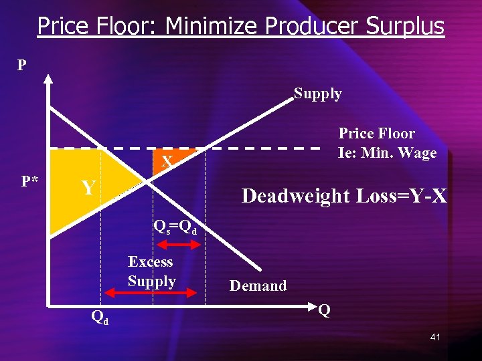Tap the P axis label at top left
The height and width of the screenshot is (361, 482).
[22, 66]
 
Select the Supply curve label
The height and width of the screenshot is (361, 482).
[318, 94]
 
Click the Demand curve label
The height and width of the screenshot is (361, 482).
[258, 286]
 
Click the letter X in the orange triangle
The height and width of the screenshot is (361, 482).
[167, 160]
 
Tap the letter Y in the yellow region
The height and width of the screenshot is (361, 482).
[88, 188]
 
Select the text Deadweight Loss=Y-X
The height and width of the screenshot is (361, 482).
[344, 196]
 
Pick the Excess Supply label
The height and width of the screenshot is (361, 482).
[151, 271]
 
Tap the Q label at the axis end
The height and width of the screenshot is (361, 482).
[324, 311]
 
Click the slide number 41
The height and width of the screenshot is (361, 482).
[435, 337]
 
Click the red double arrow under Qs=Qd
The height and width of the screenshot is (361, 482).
[177, 245]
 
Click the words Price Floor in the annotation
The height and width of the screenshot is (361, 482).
[376, 134]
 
